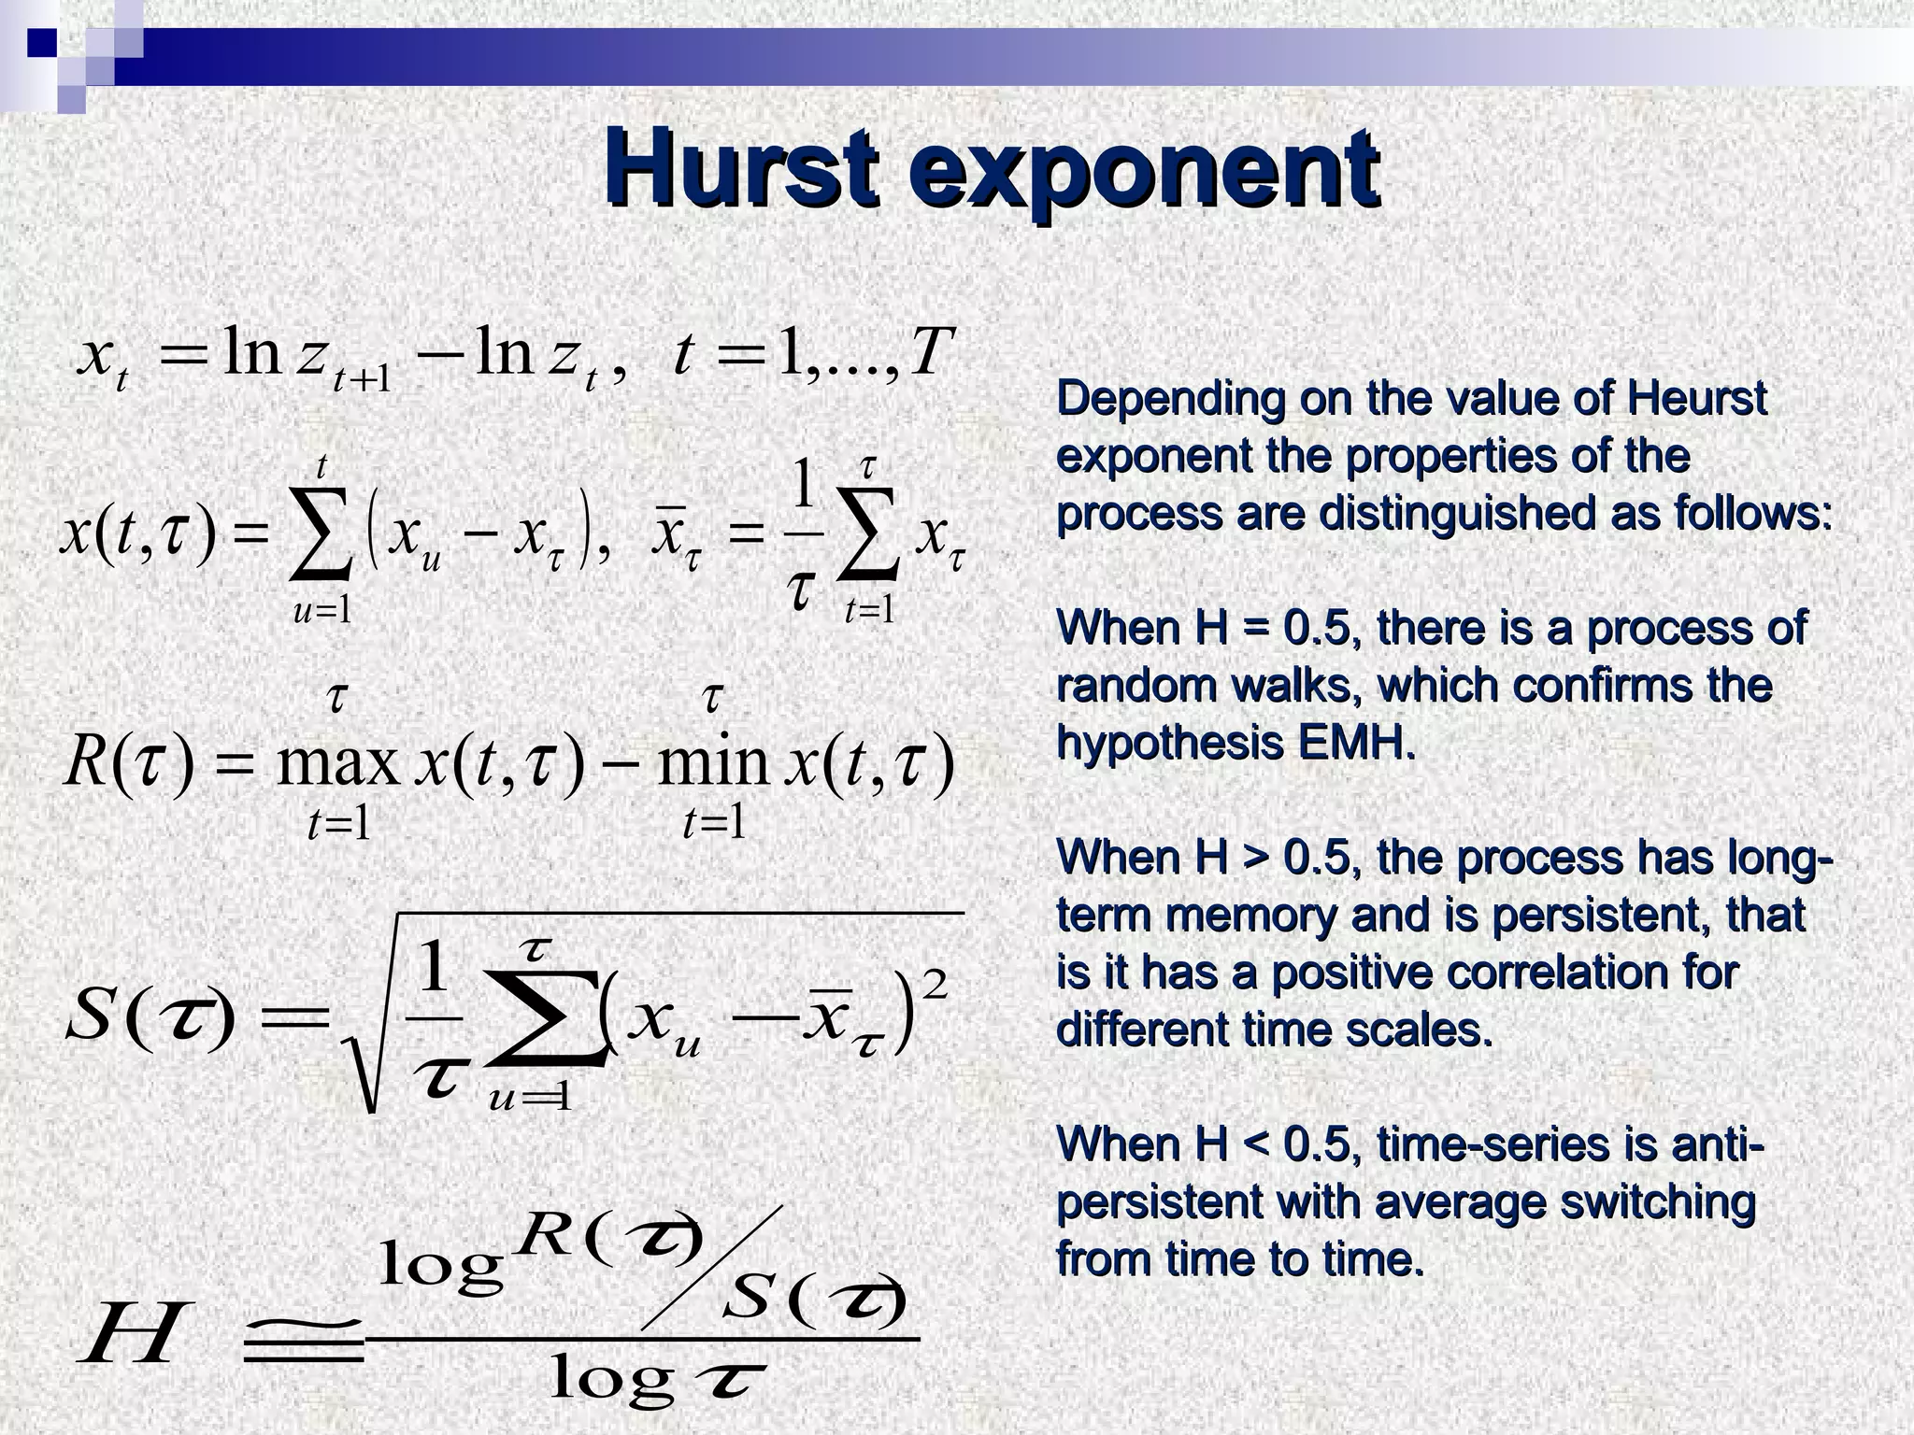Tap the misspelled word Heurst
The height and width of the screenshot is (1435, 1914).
[1697, 399]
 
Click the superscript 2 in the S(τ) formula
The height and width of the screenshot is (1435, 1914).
[935, 985]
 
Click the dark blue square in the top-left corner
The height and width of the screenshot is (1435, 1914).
[41, 41]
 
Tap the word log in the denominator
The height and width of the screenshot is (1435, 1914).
[612, 1379]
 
